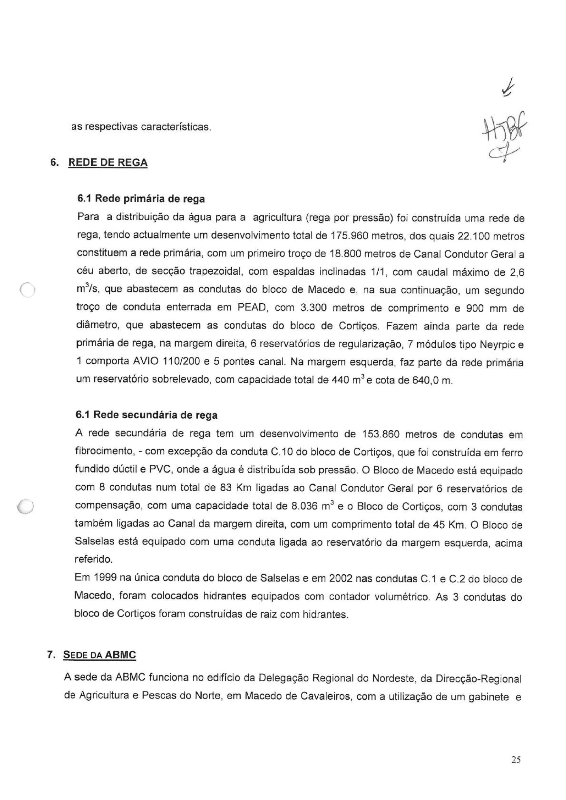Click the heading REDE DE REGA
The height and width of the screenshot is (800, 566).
coord(108,163)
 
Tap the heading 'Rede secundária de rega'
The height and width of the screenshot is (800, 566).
coord(147,415)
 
